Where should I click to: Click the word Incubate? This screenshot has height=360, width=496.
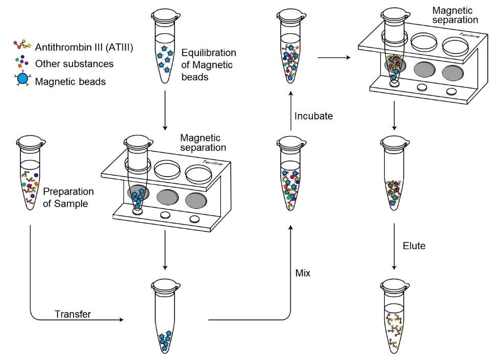[x=313, y=116]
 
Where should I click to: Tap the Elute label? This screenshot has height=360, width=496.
[x=414, y=246]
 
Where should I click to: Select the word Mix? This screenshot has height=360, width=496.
[x=303, y=273]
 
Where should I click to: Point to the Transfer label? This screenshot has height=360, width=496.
[x=72, y=314]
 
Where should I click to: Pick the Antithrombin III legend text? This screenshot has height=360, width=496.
[x=85, y=47]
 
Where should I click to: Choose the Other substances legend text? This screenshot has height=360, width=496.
[x=75, y=64]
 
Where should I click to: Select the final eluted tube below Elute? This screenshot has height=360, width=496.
[x=393, y=317]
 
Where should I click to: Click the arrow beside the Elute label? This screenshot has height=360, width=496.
[x=394, y=245]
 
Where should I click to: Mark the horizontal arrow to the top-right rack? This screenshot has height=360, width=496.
[x=334, y=58]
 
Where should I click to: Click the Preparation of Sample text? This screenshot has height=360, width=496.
[x=68, y=197]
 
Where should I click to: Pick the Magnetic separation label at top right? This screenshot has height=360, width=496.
[x=455, y=15]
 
